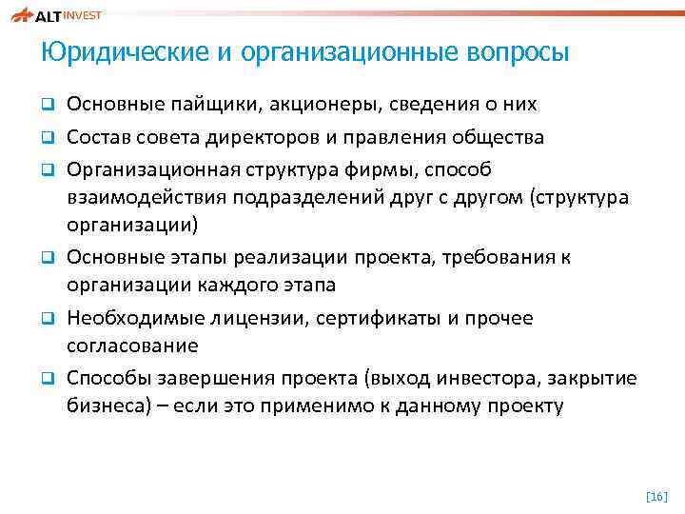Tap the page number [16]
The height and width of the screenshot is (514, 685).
(x=656, y=495)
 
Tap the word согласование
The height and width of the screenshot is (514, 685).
(x=132, y=346)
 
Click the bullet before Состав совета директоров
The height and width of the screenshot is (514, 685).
(x=46, y=138)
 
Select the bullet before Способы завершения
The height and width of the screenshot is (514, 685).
(x=46, y=379)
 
